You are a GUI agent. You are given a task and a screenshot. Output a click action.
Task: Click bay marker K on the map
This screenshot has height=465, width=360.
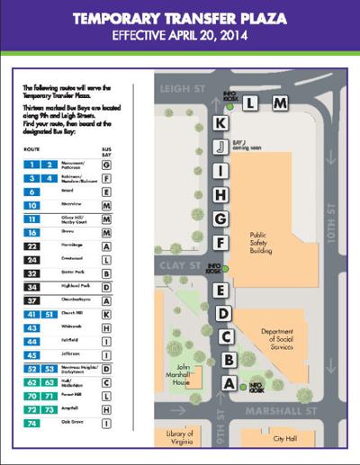pyautogui.click(x=220, y=123)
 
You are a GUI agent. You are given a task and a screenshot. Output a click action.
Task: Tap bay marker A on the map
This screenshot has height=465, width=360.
pyautogui.click(x=228, y=384)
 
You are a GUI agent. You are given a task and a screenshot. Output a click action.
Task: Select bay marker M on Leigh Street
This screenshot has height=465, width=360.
pyautogui.click(x=280, y=103)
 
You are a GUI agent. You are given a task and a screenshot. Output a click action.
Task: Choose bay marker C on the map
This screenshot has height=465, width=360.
pyautogui.click(x=227, y=337)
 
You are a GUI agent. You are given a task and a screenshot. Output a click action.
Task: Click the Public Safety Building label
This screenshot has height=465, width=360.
pyautogui.click(x=267, y=243)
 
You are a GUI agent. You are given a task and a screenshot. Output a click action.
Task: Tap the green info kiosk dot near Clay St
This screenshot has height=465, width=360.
pyautogui.click(x=224, y=268)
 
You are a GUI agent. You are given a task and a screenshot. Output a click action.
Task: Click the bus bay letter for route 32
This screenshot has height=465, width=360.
pyautogui.click(x=107, y=273)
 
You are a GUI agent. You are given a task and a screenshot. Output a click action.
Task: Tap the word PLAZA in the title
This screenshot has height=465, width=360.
pyautogui.click(x=258, y=17)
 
